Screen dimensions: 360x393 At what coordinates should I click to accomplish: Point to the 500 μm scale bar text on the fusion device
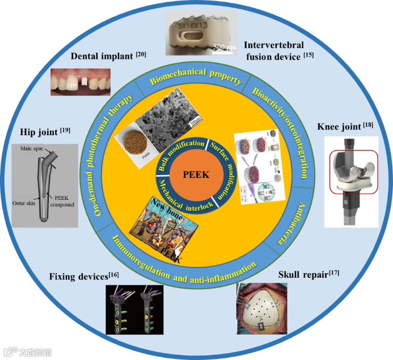point(225,47)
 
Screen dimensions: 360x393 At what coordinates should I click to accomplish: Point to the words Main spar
point(31,149)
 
